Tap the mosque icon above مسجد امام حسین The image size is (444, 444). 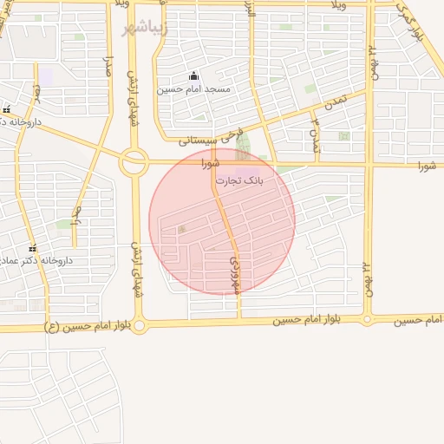[193, 75]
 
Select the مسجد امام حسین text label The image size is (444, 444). [193, 89]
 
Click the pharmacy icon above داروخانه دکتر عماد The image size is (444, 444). [32, 248]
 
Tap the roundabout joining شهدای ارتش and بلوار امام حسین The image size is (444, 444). [140, 325]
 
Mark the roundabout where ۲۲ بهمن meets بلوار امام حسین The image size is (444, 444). [368, 320]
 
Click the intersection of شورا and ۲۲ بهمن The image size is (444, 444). [369, 163]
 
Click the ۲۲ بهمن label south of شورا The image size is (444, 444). [368, 277]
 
